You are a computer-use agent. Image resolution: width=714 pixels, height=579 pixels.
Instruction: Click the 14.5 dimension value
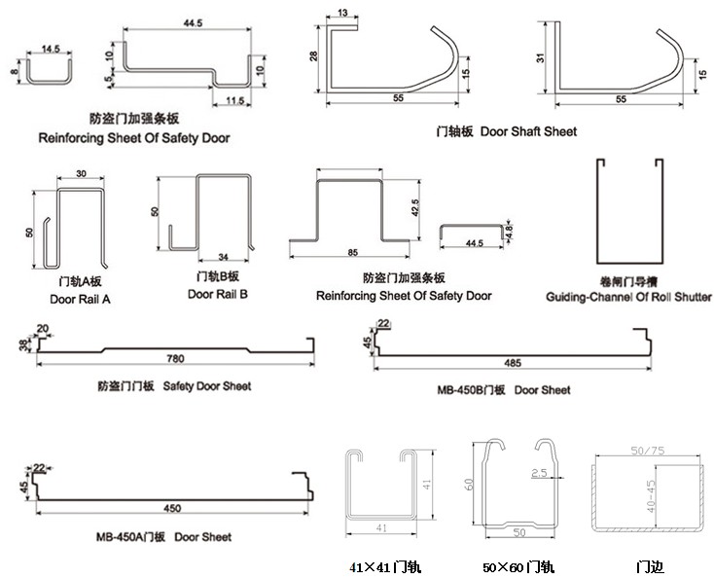coord(50,48)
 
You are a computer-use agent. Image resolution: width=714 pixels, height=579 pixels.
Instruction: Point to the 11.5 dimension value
coord(233,100)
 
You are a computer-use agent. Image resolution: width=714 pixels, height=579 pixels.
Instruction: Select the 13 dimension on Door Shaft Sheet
coord(341,14)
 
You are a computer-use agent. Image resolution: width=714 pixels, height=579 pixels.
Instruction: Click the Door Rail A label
coord(80,299)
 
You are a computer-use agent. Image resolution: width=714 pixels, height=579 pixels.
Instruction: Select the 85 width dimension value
coord(351,253)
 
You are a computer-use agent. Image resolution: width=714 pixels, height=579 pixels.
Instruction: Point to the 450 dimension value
coord(171,509)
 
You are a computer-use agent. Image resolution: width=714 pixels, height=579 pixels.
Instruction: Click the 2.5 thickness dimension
coord(539,473)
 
